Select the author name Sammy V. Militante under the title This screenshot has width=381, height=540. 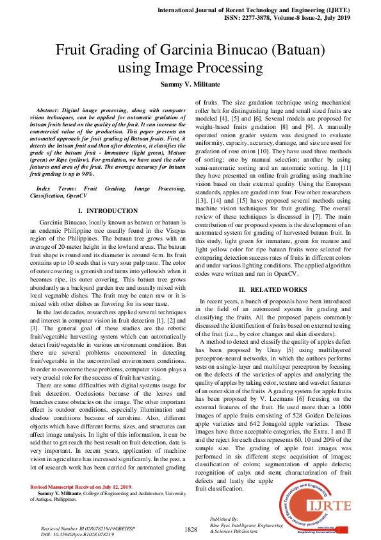pyautogui.click(x=190, y=84)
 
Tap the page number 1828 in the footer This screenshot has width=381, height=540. pyautogui.click(x=191, y=529)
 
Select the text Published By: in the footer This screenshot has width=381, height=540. pyautogui.click(x=224, y=518)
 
